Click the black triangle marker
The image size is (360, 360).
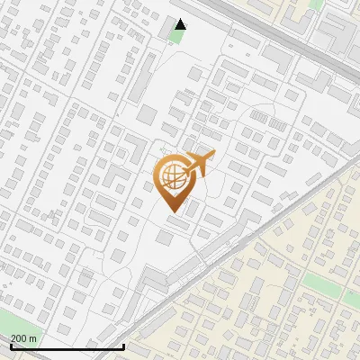coord(181,24)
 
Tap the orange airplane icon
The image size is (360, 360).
coord(199,164)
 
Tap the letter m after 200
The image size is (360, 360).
coord(33,337)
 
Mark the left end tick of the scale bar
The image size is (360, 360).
coord(10,346)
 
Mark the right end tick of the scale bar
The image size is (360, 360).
coord(123,346)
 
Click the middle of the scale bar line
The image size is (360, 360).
coord(67,346)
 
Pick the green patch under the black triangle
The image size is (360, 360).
coord(177,34)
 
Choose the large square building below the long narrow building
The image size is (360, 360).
coord(147,115)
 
